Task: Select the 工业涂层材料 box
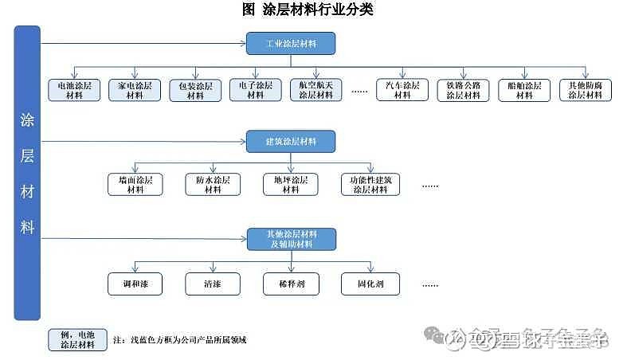(291, 43)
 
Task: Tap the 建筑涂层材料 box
(291, 142)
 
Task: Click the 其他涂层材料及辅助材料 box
(291, 239)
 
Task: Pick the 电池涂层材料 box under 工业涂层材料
(74, 90)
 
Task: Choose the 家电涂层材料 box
(135, 90)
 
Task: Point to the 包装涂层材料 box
(195, 90)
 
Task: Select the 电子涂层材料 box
(256, 90)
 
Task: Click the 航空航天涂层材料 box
(315, 90)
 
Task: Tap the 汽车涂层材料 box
(403, 90)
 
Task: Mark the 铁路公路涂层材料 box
(464, 90)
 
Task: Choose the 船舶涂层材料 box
(524, 90)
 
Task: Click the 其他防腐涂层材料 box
(585, 90)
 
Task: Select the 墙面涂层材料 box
(135, 185)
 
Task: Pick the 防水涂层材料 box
(213, 185)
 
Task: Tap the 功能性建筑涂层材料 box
(369, 185)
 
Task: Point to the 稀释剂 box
(291, 283)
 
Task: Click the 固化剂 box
(369, 283)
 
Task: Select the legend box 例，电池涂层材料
(77, 340)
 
